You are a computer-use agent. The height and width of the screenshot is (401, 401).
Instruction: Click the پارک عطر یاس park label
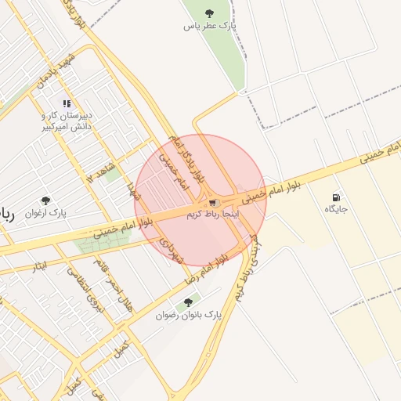click(x=209, y=27)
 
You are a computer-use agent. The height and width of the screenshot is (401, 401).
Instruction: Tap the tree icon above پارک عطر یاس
click(x=208, y=13)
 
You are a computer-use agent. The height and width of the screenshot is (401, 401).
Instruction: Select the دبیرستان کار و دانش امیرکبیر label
click(x=67, y=120)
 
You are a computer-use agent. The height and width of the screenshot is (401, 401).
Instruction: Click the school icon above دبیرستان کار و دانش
click(x=67, y=103)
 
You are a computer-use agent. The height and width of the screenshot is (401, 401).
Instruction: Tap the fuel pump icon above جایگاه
click(x=336, y=197)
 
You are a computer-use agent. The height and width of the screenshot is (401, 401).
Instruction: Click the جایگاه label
click(x=336, y=209)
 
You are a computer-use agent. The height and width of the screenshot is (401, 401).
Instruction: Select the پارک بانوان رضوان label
click(x=188, y=315)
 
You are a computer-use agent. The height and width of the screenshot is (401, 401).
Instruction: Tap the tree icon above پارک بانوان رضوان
click(x=188, y=302)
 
